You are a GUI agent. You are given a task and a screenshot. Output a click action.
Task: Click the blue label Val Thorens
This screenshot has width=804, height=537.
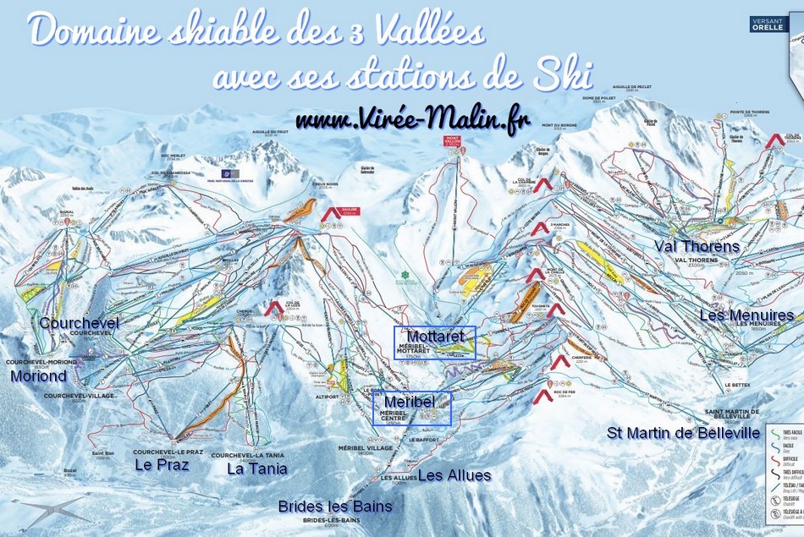click(x=697, y=246)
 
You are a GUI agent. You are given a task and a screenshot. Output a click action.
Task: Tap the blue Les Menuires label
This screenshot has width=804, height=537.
click(x=746, y=315)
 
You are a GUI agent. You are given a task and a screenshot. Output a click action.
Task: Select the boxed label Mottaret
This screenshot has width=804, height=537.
click(x=436, y=337)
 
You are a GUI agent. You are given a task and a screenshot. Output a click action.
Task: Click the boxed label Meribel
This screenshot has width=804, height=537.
click(x=410, y=400)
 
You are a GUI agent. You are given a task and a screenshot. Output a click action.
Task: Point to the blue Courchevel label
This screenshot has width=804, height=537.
click(x=79, y=323)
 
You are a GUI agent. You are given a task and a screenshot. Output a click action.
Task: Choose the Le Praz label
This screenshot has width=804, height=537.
click(x=161, y=464)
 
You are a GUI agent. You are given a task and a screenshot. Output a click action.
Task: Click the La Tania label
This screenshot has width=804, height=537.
click(x=257, y=468)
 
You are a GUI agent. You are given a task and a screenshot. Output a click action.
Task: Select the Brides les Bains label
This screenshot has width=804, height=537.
click(x=335, y=506)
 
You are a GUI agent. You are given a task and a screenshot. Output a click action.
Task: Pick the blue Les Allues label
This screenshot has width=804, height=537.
click(x=454, y=475)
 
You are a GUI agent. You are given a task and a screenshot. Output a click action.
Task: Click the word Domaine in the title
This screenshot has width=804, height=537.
click(x=88, y=32)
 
